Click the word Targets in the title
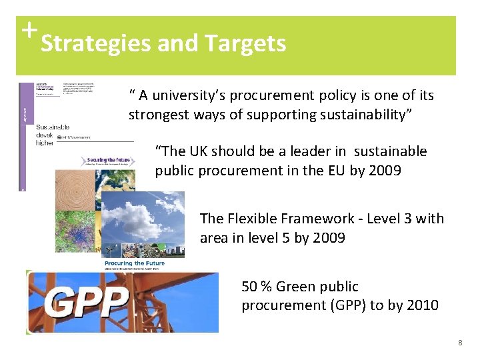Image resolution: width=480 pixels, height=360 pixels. tap(246, 44)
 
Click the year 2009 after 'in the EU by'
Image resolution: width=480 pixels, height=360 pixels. tap(383, 170)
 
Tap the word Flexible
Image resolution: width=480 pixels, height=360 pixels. tap(253, 218)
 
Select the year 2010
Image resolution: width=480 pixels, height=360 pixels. tap(422, 305)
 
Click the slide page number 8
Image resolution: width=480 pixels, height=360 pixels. tap(460, 343)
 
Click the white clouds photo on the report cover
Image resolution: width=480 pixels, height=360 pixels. tap(143, 217)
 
